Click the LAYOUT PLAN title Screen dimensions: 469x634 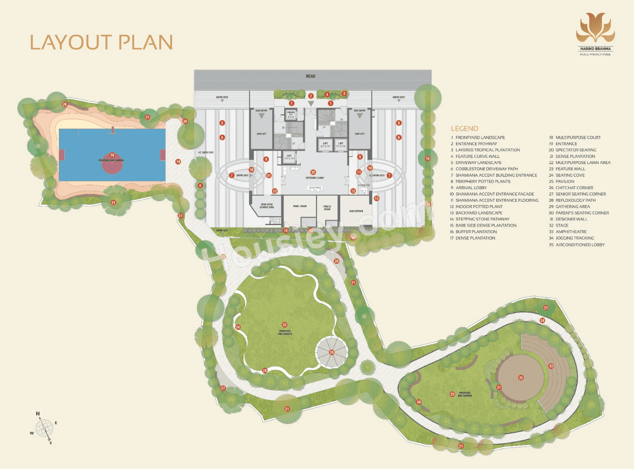click(x=102, y=42)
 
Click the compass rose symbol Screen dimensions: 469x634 click(x=45, y=427)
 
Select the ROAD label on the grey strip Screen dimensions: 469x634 click(x=311, y=76)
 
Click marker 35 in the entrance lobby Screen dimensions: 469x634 click(x=313, y=172)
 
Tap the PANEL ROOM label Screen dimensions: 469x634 click(x=300, y=206)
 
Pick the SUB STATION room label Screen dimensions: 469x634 click(x=356, y=211)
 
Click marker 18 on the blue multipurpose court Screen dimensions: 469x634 click(x=112, y=155)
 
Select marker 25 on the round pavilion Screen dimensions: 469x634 click(x=332, y=353)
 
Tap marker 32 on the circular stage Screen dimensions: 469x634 click(x=521, y=377)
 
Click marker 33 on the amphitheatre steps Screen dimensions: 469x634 click(x=551, y=366)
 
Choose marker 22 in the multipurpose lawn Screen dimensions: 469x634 click(x=285, y=324)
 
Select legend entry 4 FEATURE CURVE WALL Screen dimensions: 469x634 click(x=477, y=156)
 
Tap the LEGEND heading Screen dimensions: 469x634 click(x=464, y=128)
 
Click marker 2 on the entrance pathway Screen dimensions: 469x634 click(x=311, y=96)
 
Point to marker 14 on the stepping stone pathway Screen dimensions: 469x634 click(x=285, y=231)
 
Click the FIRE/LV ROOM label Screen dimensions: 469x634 click(x=327, y=208)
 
